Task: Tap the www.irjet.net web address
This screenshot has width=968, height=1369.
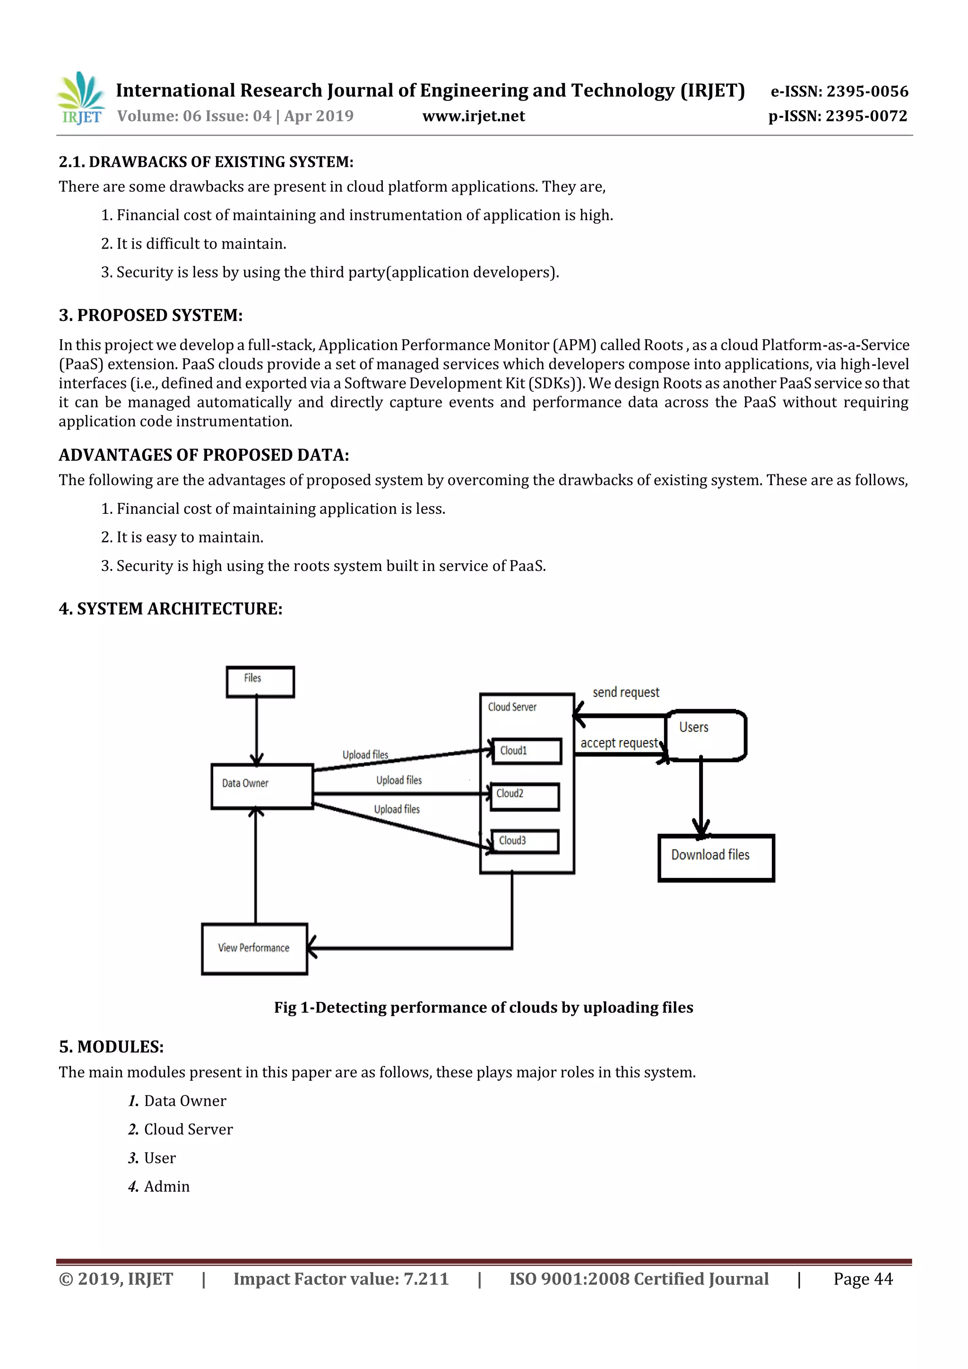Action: (x=474, y=116)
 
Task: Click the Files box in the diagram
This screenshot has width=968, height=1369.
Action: (x=260, y=682)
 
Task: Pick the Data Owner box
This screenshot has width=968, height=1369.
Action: (x=262, y=786)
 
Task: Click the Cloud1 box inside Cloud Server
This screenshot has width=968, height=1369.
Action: (x=527, y=751)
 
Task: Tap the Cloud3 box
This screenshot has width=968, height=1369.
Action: (x=525, y=841)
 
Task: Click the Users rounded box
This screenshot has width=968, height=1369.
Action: (x=706, y=734)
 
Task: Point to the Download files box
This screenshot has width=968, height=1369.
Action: (x=716, y=857)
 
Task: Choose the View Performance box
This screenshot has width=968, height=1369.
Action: (x=254, y=948)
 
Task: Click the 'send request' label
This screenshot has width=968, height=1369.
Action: (x=626, y=692)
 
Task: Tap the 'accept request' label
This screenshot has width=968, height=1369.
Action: (x=619, y=743)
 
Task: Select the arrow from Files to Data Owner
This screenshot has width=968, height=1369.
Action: (x=257, y=731)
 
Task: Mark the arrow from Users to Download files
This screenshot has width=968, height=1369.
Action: (x=701, y=796)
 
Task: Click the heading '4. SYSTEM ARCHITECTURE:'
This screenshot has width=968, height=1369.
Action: (x=171, y=609)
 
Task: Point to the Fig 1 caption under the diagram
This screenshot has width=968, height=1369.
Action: (x=483, y=1007)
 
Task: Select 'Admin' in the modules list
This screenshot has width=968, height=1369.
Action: (x=166, y=1187)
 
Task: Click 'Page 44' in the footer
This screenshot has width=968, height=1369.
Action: (x=863, y=1279)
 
